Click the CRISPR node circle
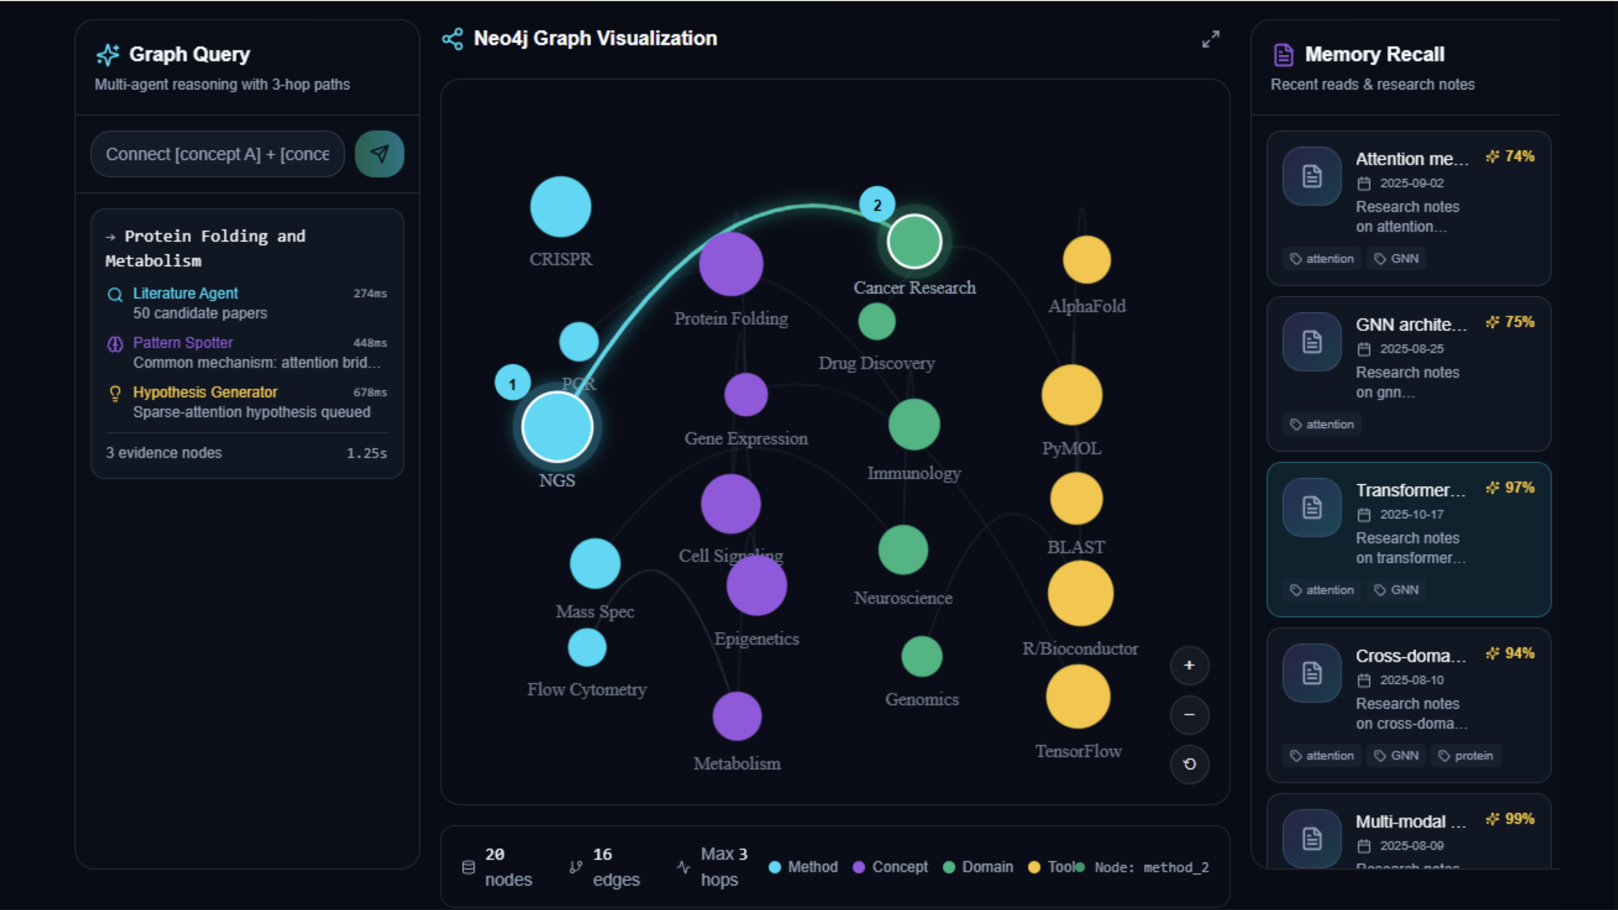click(x=560, y=207)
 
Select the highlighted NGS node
click(x=557, y=427)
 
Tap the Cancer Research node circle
click(x=914, y=241)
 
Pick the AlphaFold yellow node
click(x=1087, y=260)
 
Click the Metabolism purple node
click(x=737, y=716)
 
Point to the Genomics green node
click(x=921, y=656)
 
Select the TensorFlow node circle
click(x=1078, y=696)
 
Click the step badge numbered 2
click(x=877, y=204)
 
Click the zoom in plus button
click(x=1189, y=665)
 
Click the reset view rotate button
click(x=1189, y=764)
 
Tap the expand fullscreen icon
click(x=1211, y=39)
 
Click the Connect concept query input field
click(x=217, y=154)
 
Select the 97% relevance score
click(x=1511, y=488)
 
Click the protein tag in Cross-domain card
click(x=1466, y=755)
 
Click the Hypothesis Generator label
click(x=205, y=392)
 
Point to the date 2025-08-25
click(x=1411, y=349)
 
